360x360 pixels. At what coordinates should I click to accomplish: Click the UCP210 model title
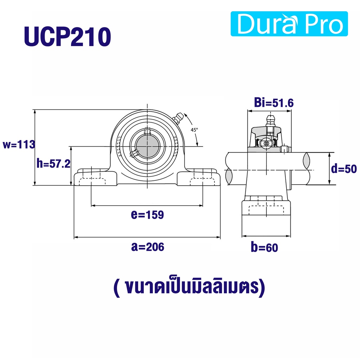point(67,37)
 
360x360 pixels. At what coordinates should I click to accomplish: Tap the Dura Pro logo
point(289,24)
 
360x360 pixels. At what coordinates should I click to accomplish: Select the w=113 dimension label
point(19,144)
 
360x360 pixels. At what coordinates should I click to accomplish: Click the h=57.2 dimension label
point(53,164)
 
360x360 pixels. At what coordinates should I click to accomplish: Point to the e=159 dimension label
point(147,215)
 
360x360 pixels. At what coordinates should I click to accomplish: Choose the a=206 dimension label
point(148,247)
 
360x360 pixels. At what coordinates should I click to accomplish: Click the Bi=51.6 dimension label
point(274,103)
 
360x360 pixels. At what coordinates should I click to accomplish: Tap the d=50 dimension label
point(344,169)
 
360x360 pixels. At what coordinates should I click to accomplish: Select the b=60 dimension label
point(264,247)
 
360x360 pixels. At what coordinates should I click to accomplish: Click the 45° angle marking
point(194,130)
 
